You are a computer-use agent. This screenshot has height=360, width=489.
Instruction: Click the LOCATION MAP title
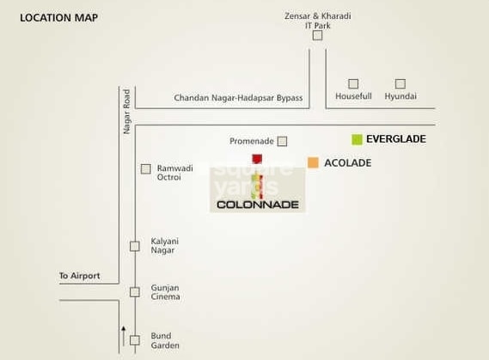click(x=59, y=18)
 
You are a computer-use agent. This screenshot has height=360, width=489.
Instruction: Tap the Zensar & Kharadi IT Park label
click(x=317, y=21)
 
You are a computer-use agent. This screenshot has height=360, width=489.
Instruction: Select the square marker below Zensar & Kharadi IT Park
click(x=317, y=35)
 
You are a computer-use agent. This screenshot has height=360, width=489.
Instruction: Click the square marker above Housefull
click(x=353, y=84)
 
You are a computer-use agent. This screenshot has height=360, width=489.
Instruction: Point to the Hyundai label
click(x=400, y=96)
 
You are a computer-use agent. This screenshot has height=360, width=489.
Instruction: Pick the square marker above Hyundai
click(x=400, y=84)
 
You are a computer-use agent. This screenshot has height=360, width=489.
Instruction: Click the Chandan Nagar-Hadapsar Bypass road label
click(x=238, y=98)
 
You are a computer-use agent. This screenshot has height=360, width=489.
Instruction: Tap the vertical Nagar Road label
click(x=126, y=112)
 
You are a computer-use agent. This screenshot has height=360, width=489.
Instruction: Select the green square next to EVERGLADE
click(x=357, y=139)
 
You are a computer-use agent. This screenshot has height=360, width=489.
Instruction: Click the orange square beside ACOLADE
click(x=313, y=162)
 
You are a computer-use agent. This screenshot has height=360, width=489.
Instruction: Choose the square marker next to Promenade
click(x=282, y=141)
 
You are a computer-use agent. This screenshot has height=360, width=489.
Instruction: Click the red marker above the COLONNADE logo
click(x=257, y=159)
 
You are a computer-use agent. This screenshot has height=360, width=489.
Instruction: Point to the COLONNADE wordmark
click(x=258, y=204)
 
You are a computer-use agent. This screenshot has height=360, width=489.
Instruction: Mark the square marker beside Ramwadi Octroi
click(x=145, y=169)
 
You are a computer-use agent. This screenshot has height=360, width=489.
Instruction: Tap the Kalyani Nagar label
click(x=165, y=246)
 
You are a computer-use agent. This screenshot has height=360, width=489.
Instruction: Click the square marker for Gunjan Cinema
click(x=135, y=292)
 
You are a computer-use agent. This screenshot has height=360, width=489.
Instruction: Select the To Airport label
click(x=80, y=276)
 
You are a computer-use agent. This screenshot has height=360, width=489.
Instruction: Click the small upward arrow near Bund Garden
click(x=124, y=336)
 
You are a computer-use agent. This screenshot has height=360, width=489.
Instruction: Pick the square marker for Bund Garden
click(x=135, y=340)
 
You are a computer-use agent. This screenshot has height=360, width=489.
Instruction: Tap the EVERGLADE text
click(x=396, y=139)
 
